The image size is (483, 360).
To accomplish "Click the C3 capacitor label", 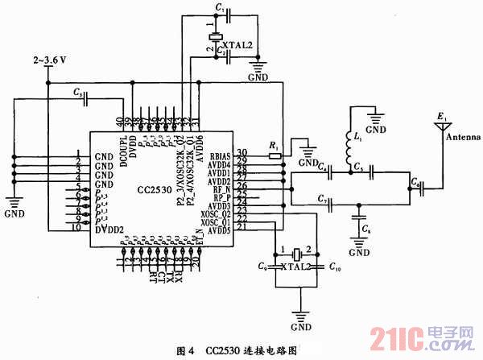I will (77, 93).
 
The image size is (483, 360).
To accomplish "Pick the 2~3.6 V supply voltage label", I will (50, 60).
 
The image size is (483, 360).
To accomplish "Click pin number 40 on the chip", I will (120, 122).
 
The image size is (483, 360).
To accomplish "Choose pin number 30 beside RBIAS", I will (241, 152).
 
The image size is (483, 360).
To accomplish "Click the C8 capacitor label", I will (367, 230).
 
